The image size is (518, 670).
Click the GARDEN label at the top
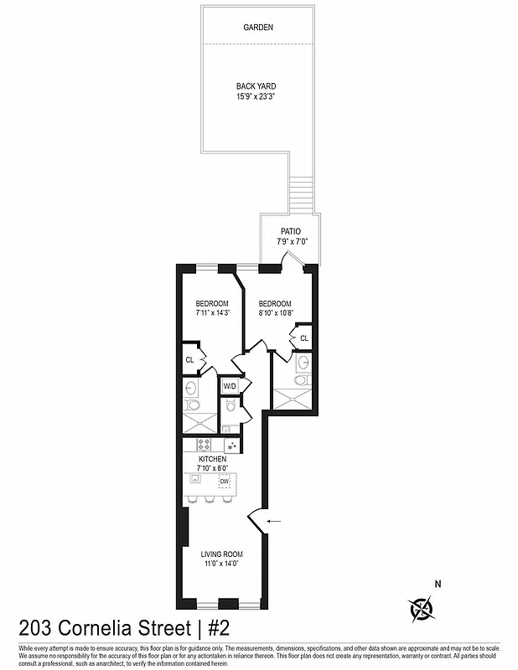click(258, 28)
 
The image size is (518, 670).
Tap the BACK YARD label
click(256, 86)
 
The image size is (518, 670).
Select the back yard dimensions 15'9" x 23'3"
click(256, 96)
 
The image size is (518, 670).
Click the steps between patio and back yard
click(300, 194)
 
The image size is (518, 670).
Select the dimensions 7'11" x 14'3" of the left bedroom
click(212, 313)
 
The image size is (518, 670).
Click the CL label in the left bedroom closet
click(190, 360)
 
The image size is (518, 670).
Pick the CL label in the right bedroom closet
click(303, 338)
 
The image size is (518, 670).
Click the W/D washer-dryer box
click(229, 386)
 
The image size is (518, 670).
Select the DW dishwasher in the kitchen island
click(225, 482)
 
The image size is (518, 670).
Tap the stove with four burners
click(205, 444)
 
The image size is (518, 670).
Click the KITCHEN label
click(212, 461)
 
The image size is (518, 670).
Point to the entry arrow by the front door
click(273, 522)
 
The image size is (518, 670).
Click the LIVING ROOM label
click(221, 554)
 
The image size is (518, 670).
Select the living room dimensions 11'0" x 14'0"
click(221, 564)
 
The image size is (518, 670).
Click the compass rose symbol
click(422, 609)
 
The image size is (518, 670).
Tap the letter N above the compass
click(437, 585)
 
